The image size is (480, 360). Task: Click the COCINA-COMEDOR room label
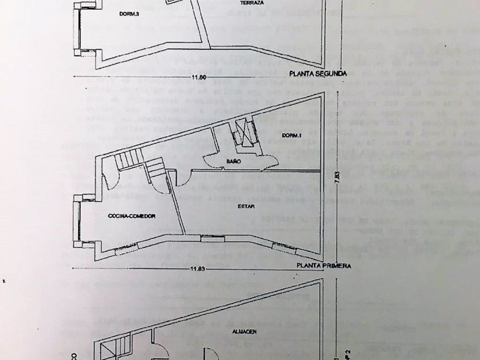(131, 216)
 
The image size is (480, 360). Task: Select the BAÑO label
(232, 162)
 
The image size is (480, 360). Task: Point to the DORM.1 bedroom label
(291, 135)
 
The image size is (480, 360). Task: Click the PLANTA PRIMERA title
(323, 266)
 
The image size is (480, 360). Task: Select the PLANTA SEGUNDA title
(318, 73)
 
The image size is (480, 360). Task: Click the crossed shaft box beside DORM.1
(245, 135)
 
